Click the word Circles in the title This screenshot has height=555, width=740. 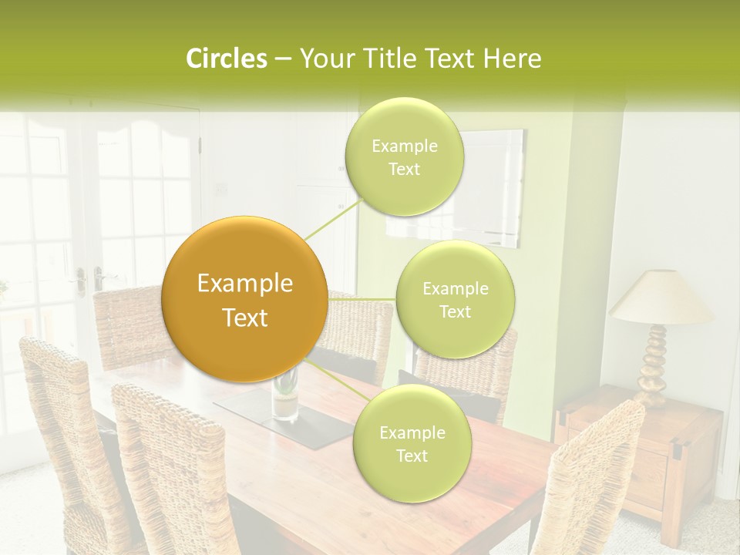tap(227, 59)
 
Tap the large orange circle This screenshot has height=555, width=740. tap(245, 300)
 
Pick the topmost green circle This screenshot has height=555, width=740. tap(405, 157)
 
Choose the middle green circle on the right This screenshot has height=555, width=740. tap(456, 300)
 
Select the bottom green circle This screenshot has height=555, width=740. tap(412, 444)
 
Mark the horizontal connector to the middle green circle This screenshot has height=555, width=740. tap(362, 299)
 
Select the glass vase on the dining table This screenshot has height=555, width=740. tap(285, 397)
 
